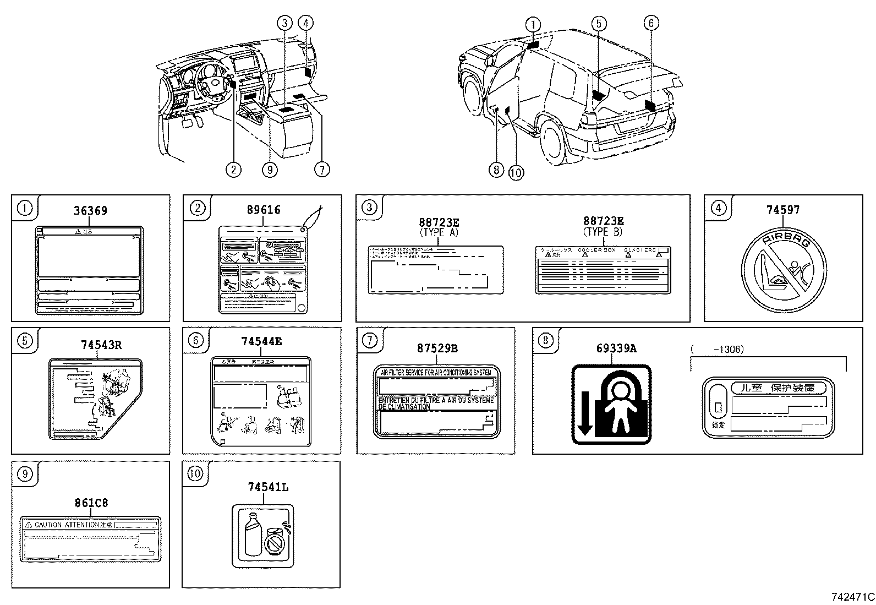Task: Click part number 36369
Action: [90, 210]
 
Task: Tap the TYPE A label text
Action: [439, 232]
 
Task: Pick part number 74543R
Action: [101, 345]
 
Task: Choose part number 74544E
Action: [261, 341]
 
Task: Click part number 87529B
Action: [437, 348]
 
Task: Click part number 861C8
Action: [92, 503]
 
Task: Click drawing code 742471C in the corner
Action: [852, 597]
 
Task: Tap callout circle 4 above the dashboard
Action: [306, 23]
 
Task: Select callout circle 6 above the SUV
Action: [650, 23]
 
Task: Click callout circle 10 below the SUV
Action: [516, 172]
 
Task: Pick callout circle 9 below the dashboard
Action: [269, 170]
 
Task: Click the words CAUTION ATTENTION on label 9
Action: [65, 525]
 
